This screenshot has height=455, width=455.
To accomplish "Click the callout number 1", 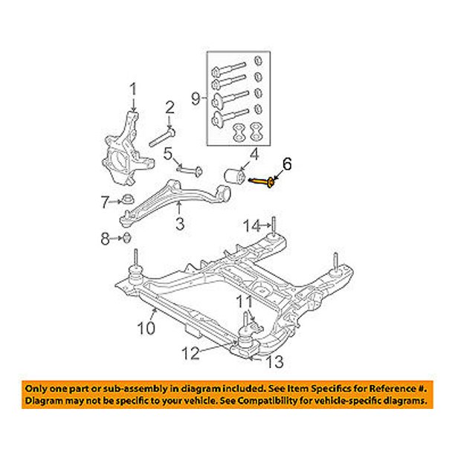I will (x=134, y=90).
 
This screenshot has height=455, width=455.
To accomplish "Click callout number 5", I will (x=169, y=154).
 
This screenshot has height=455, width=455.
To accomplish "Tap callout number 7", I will (x=105, y=201).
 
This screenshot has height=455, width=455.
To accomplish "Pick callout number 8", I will (x=105, y=238).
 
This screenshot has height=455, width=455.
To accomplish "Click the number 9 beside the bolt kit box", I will (x=196, y=97).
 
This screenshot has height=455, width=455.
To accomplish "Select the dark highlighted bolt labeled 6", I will (x=266, y=180).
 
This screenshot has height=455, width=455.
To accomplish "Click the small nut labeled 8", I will (x=126, y=238).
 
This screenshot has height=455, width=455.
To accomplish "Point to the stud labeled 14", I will (x=274, y=225).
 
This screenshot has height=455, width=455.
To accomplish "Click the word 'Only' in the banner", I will (x=38, y=388).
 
